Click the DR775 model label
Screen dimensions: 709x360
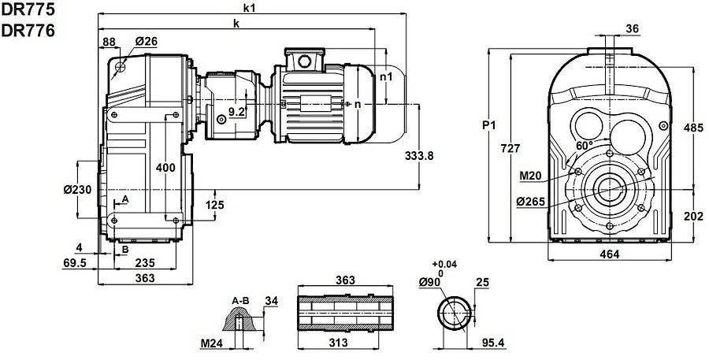[28, 9]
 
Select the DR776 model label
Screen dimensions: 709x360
[28, 30]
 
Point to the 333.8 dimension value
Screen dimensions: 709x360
[419, 155]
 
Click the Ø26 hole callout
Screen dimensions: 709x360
[146, 41]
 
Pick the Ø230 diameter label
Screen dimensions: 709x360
[77, 190]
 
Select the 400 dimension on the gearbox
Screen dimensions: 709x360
[165, 168]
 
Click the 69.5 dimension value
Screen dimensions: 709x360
[74, 263]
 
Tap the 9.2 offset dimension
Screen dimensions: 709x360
[236, 111]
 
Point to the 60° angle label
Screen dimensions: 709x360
[585, 145]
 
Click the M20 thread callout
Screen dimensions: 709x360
[531, 176]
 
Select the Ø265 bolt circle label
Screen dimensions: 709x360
[531, 202]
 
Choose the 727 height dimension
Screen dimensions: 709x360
[510, 148]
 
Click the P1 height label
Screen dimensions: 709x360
[488, 125]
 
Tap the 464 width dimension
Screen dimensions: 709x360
[610, 254]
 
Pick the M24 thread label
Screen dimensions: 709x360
[212, 343]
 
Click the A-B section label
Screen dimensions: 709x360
[240, 301]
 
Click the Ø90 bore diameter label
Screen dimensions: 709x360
[430, 282]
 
